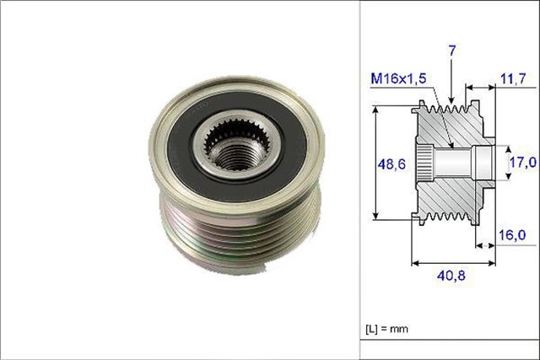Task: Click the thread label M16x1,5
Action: click(x=397, y=78)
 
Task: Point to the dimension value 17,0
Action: click(x=523, y=160)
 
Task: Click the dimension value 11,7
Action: click(x=515, y=78)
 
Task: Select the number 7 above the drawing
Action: click(x=452, y=52)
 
